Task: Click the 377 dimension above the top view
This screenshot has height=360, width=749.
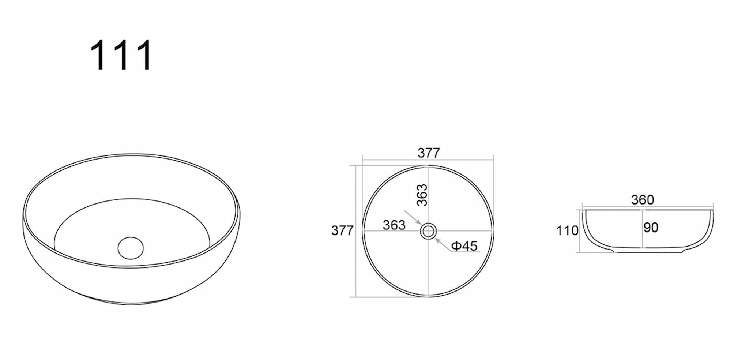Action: pos(429,153)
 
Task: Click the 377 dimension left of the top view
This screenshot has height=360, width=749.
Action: pos(342,230)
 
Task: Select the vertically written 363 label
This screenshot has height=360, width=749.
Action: pos(422,195)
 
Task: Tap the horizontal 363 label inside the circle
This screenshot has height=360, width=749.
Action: pos(394,225)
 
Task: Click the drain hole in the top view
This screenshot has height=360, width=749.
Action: pos(428,231)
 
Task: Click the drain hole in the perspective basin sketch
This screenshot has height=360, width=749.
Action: pos(131,248)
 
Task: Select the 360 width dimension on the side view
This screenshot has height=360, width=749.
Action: pos(643,200)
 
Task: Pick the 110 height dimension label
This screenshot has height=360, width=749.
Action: pos(567,231)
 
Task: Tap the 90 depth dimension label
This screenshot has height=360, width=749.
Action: pos(651,228)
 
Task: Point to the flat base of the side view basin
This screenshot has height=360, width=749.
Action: pos(647,252)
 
